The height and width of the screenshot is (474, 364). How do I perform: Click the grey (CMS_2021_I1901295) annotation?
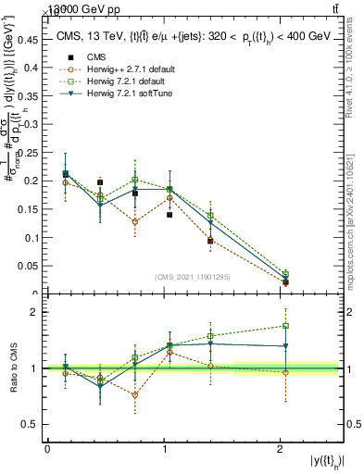(195, 277)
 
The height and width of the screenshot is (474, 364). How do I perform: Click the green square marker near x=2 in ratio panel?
(285, 326)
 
